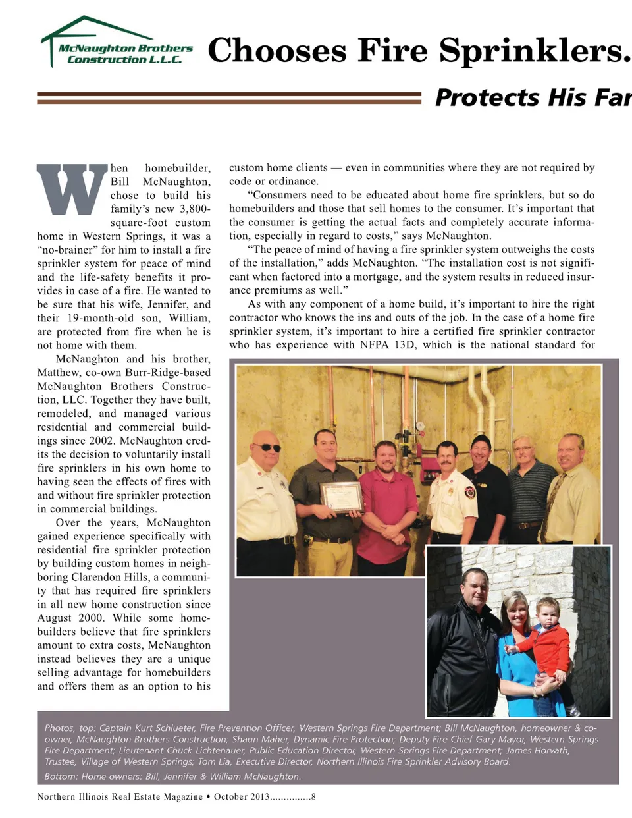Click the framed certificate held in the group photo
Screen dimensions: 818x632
tap(341, 497)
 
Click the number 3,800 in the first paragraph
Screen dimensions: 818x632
tap(195, 209)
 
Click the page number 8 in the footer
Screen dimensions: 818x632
tap(313, 797)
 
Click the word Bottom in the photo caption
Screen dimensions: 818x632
tap(60, 777)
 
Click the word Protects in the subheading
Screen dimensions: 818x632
tap(487, 97)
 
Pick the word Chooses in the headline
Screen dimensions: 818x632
tap(277, 51)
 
